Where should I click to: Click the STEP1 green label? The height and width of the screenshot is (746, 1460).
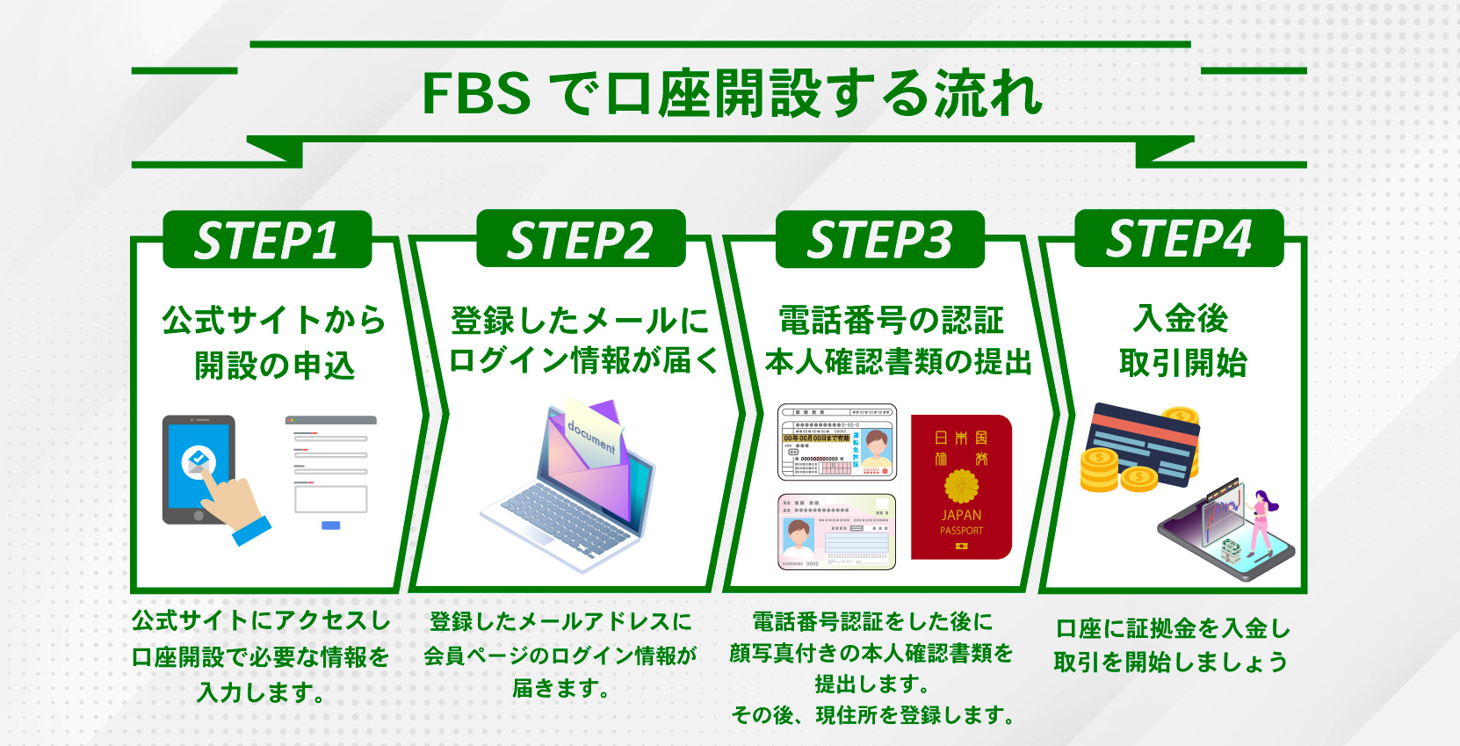pyautogui.click(x=267, y=239)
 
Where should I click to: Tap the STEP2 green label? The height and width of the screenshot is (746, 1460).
pyautogui.click(x=581, y=239)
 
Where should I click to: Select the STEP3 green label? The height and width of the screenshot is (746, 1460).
pyautogui.click(x=879, y=239)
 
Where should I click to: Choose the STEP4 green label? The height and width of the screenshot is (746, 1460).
pyautogui.click(x=1179, y=238)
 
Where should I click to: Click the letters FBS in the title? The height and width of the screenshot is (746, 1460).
pyautogui.click(x=476, y=94)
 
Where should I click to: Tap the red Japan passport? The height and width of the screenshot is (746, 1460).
pyautogui.click(x=961, y=487)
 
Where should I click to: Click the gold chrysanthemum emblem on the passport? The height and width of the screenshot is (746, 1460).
pyautogui.click(x=961, y=486)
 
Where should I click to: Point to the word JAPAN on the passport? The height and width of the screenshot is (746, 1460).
pyautogui.click(x=961, y=515)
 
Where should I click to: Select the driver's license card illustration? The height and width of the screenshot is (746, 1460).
pyautogui.click(x=837, y=442)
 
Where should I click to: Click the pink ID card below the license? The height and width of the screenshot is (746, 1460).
pyautogui.click(x=836, y=531)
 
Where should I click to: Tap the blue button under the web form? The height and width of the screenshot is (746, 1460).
pyautogui.click(x=330, y=525)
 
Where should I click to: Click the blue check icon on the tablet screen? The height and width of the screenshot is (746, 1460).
pyautogui.click(x=199, y=460)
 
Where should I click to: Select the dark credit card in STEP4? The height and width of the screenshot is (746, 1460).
pyautogui.click(x=1142, y=444)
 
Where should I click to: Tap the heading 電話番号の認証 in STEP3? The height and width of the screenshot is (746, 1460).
pyautogui.click(x=891, y=321)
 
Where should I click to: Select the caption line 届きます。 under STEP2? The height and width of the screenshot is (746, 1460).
pyautogui.click(x=560, y=688)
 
